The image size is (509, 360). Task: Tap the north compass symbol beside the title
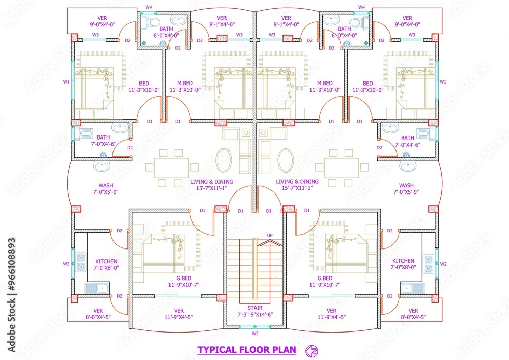(311, 350)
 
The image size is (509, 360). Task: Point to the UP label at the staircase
(270, 235)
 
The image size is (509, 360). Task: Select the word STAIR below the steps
(254, 308)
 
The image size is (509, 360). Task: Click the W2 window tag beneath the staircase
(255, 334)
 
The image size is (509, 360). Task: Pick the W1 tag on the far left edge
(66, 81)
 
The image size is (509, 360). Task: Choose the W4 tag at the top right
(362, 7)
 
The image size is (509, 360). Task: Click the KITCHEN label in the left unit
(106, 261)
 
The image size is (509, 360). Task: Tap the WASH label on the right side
(406, 186)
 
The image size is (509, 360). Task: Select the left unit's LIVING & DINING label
(212, 182)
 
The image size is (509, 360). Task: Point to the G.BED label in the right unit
(325, 279)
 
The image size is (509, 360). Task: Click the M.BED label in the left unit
(183, 83)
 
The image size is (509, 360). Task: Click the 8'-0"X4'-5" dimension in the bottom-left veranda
(98, 317)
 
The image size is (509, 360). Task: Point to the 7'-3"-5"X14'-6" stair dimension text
(254, 315)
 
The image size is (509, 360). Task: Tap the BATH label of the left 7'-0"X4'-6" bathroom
(103, 137)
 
